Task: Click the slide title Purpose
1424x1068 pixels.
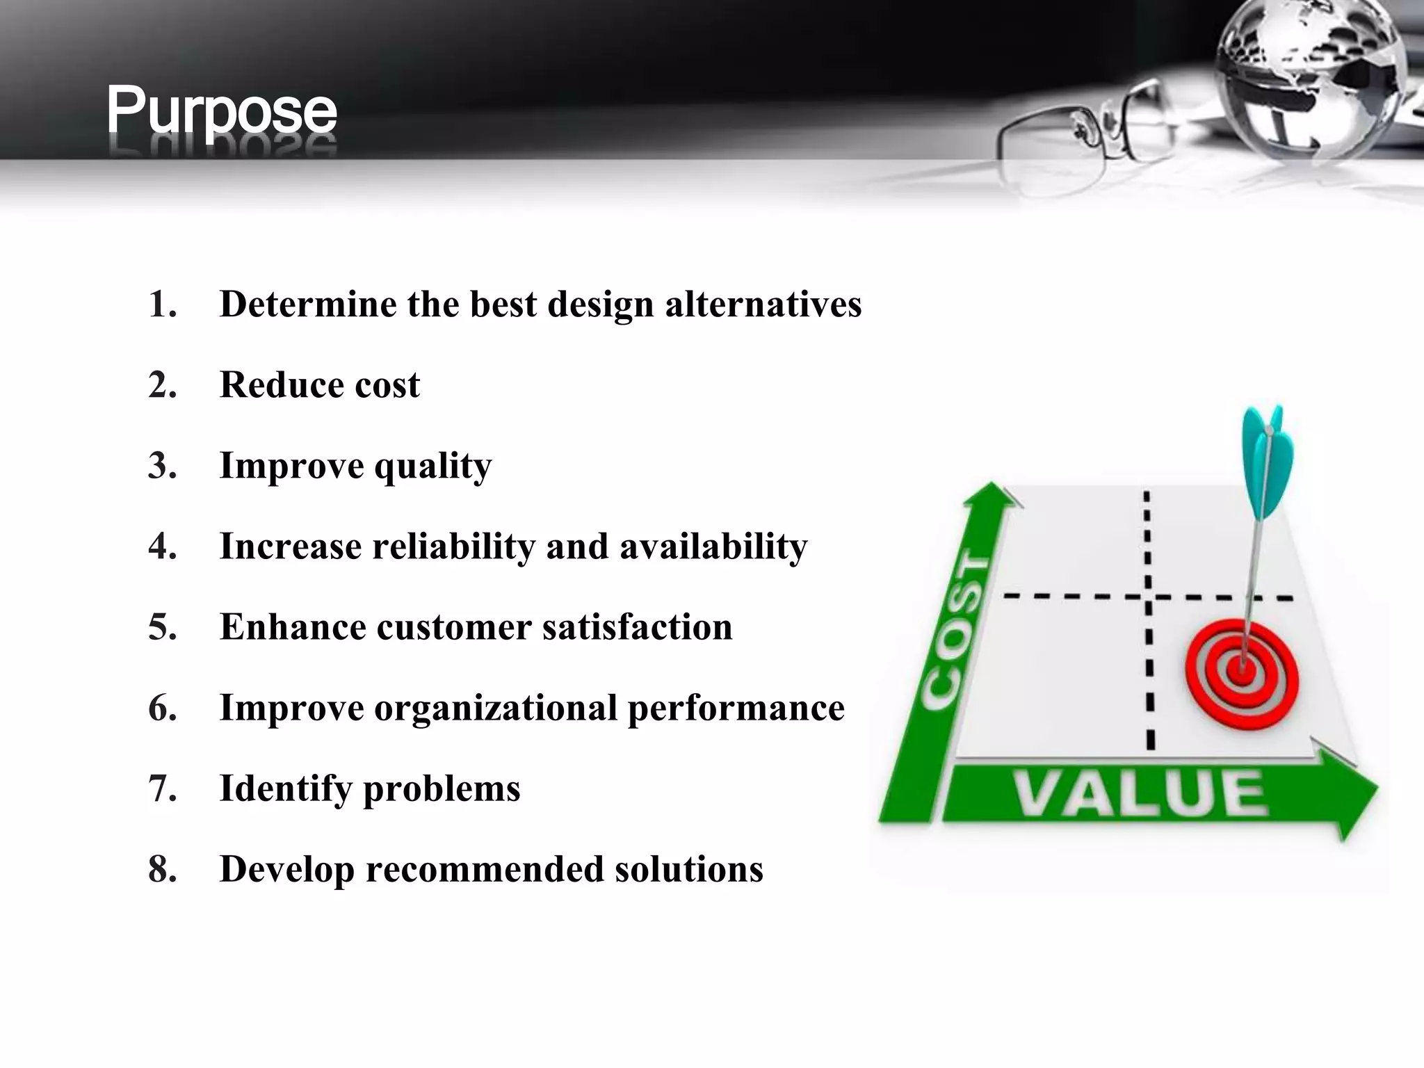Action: coord(221,111)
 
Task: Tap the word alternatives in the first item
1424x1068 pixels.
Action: coord(763,305)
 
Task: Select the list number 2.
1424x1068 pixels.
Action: coord(162,385)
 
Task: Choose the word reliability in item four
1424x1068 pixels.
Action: coord(453,547)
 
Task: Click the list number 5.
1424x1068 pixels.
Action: coord(162,627)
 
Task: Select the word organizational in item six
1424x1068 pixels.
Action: coord(495,708)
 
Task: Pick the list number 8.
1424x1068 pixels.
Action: coord(162,869)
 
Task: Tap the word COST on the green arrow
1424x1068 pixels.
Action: coord(957,633)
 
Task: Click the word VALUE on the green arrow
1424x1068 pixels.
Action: coord(1140,794)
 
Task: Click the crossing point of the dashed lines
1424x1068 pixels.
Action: coord(1148,597)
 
